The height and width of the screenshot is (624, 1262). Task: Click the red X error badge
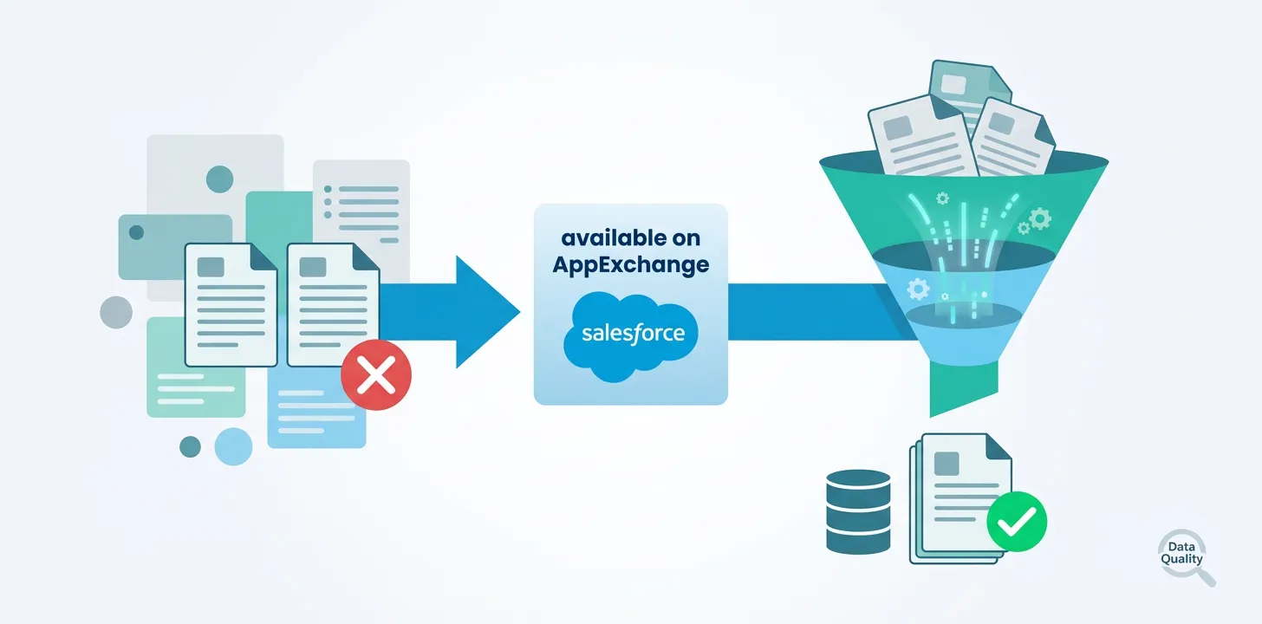tap(376, 378)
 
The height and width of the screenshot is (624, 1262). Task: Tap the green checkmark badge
tap(1017, 522)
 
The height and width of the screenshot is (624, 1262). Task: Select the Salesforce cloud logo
tap(631, 333)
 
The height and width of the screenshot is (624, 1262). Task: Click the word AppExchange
tap(631, 264)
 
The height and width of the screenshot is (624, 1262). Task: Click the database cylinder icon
tap(858, 511)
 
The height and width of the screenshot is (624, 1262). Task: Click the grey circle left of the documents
tap(116, 312)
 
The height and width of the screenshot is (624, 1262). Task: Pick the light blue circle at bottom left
tap(233, 446)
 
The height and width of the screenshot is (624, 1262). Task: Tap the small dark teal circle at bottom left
tap(190, 446)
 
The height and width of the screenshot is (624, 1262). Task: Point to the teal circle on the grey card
tap(219, 179)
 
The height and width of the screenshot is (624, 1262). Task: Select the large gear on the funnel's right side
tap(1040, 218)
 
